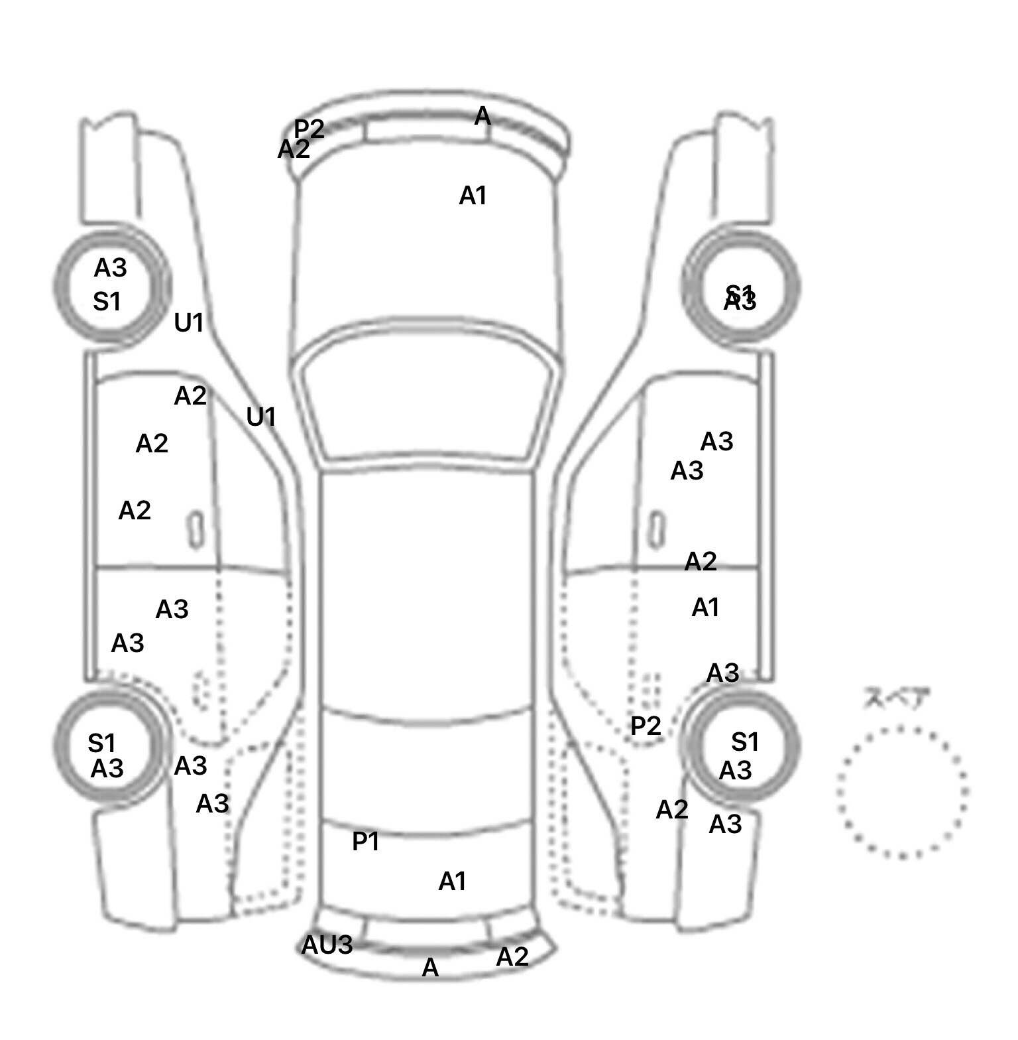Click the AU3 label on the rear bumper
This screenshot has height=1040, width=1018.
pos(327,945)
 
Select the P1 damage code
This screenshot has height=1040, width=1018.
pos(365,842)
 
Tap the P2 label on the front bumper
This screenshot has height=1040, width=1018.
pos(309,128)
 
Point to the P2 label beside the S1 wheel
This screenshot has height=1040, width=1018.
pos(646,726)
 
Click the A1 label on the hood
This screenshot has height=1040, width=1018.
pos(473,196)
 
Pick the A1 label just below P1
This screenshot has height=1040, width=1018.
pos(453,881)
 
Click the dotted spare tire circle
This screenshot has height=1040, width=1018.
pos(902,792)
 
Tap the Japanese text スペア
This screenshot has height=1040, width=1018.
pos(896,698)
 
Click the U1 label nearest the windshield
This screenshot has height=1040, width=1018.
pos(260,417)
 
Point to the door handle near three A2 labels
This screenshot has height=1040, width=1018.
pos(196,529)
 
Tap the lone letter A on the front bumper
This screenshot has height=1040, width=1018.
pos(482,117)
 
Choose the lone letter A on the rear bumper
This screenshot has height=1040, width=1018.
pos(430,968)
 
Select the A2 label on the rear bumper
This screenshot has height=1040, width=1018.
pos(512,957)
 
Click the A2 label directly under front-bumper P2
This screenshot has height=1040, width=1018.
pos(294,150)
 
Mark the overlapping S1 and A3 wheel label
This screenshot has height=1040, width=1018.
pos(740,298)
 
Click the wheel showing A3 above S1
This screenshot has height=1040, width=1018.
pos(111,287)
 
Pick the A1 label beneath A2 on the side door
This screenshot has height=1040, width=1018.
pos(705,608)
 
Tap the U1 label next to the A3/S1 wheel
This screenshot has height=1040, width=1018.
pos(189,323)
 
